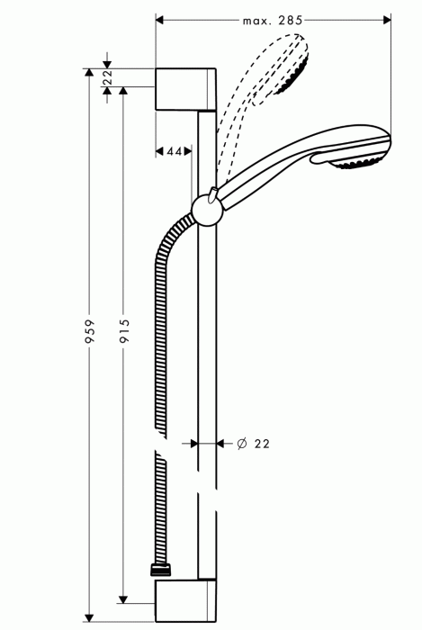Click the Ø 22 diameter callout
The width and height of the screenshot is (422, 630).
(x=254, y=444)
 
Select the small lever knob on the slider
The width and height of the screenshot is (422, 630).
(x=211, y=192)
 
